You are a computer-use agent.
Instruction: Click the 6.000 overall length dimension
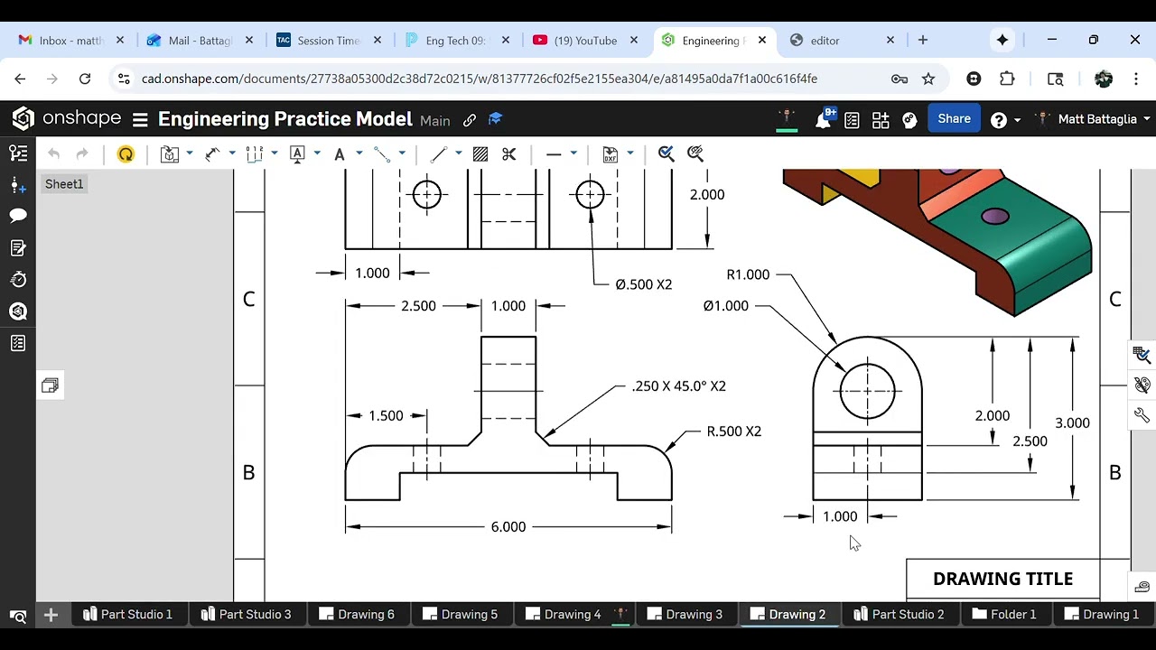coord(508,527)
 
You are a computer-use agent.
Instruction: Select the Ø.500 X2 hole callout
coord(643,284)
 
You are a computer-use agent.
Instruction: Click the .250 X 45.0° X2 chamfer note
coord(678,386)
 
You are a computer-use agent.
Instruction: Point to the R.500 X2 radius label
coord(733,432)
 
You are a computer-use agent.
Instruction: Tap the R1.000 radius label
coord(748,274)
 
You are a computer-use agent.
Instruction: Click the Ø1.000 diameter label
coord(726,306)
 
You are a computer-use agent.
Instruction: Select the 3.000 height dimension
coord(1072,423)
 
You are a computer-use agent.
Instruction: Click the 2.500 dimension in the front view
coord(418,306)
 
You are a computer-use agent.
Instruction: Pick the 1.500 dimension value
coord(386,416)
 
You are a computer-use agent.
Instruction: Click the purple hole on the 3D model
coord(994,216)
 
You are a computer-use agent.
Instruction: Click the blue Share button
coord(954,119)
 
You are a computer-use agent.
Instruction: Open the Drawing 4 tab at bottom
coord(572,615)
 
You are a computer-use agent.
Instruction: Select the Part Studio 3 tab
coord(255,615)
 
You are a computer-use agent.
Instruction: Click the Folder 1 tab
coord(1012,615)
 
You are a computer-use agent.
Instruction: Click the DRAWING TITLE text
coord(1002,580)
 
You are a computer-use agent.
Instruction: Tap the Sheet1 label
coord(64,184)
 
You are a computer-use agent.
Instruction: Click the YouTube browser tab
coord(585,41)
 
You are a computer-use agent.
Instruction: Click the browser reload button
coord(85,79)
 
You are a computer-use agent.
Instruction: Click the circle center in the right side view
coord(868,392)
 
